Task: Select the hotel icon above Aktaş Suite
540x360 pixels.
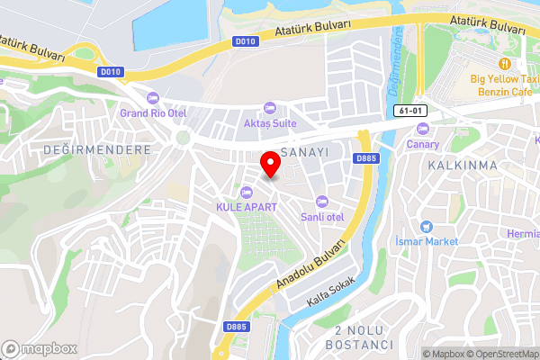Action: pos(269,107)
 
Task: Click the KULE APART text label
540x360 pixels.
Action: pos(247,207)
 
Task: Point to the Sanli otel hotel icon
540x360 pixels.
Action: pos(322,202)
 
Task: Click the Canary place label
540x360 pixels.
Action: pos(422,144)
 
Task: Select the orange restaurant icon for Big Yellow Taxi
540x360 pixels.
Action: pos(505,63)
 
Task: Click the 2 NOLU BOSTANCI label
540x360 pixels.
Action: pos(363,338)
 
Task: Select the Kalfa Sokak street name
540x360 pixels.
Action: pos(331,291)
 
